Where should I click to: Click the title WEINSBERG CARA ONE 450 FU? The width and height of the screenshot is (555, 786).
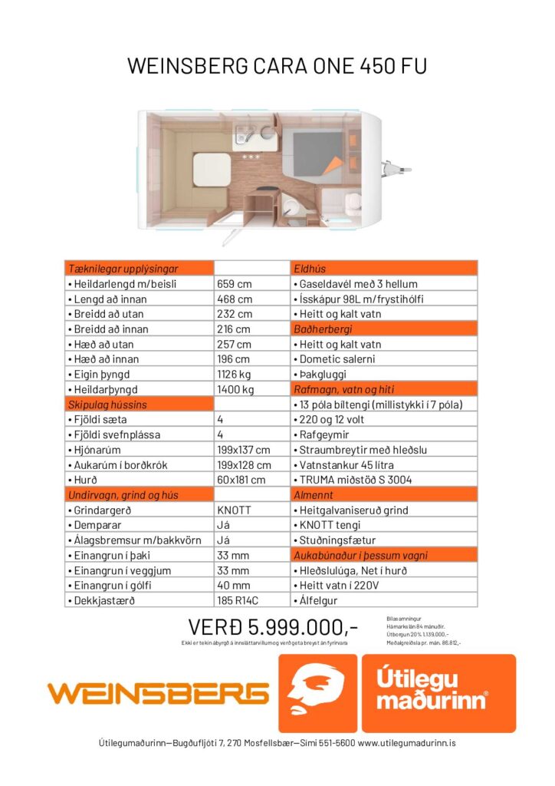277,67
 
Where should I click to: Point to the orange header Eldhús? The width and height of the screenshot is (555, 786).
383,269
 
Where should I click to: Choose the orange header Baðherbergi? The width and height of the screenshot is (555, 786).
383,329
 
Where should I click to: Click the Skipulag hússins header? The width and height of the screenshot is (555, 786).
139,405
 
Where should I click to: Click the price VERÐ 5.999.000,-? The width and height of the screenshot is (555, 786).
273,627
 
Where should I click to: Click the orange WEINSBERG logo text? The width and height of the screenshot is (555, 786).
158,694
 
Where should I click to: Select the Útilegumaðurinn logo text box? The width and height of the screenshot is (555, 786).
438,693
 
